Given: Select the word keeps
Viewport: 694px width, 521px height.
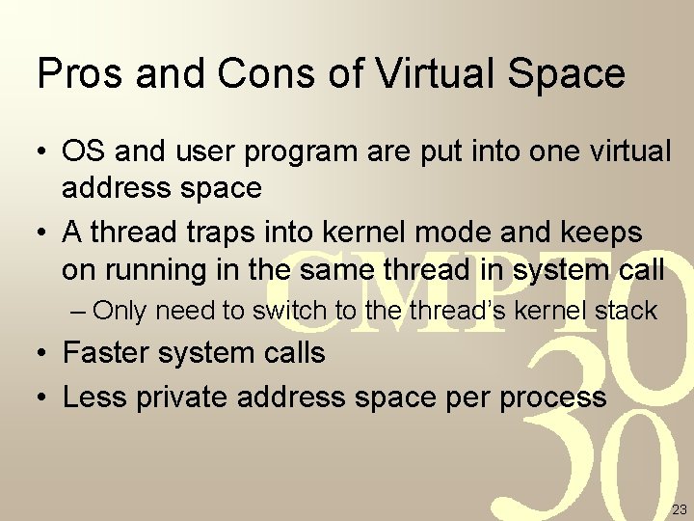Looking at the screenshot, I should (598, 233).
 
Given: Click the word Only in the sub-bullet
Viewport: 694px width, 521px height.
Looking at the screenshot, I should (120, 311).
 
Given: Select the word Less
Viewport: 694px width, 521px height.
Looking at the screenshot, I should (94, 396).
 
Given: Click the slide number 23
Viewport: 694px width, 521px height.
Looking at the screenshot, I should (679, 509).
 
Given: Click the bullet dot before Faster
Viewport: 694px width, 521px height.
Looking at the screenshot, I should (43, 354).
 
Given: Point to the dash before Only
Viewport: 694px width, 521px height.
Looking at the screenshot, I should (79, 312).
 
